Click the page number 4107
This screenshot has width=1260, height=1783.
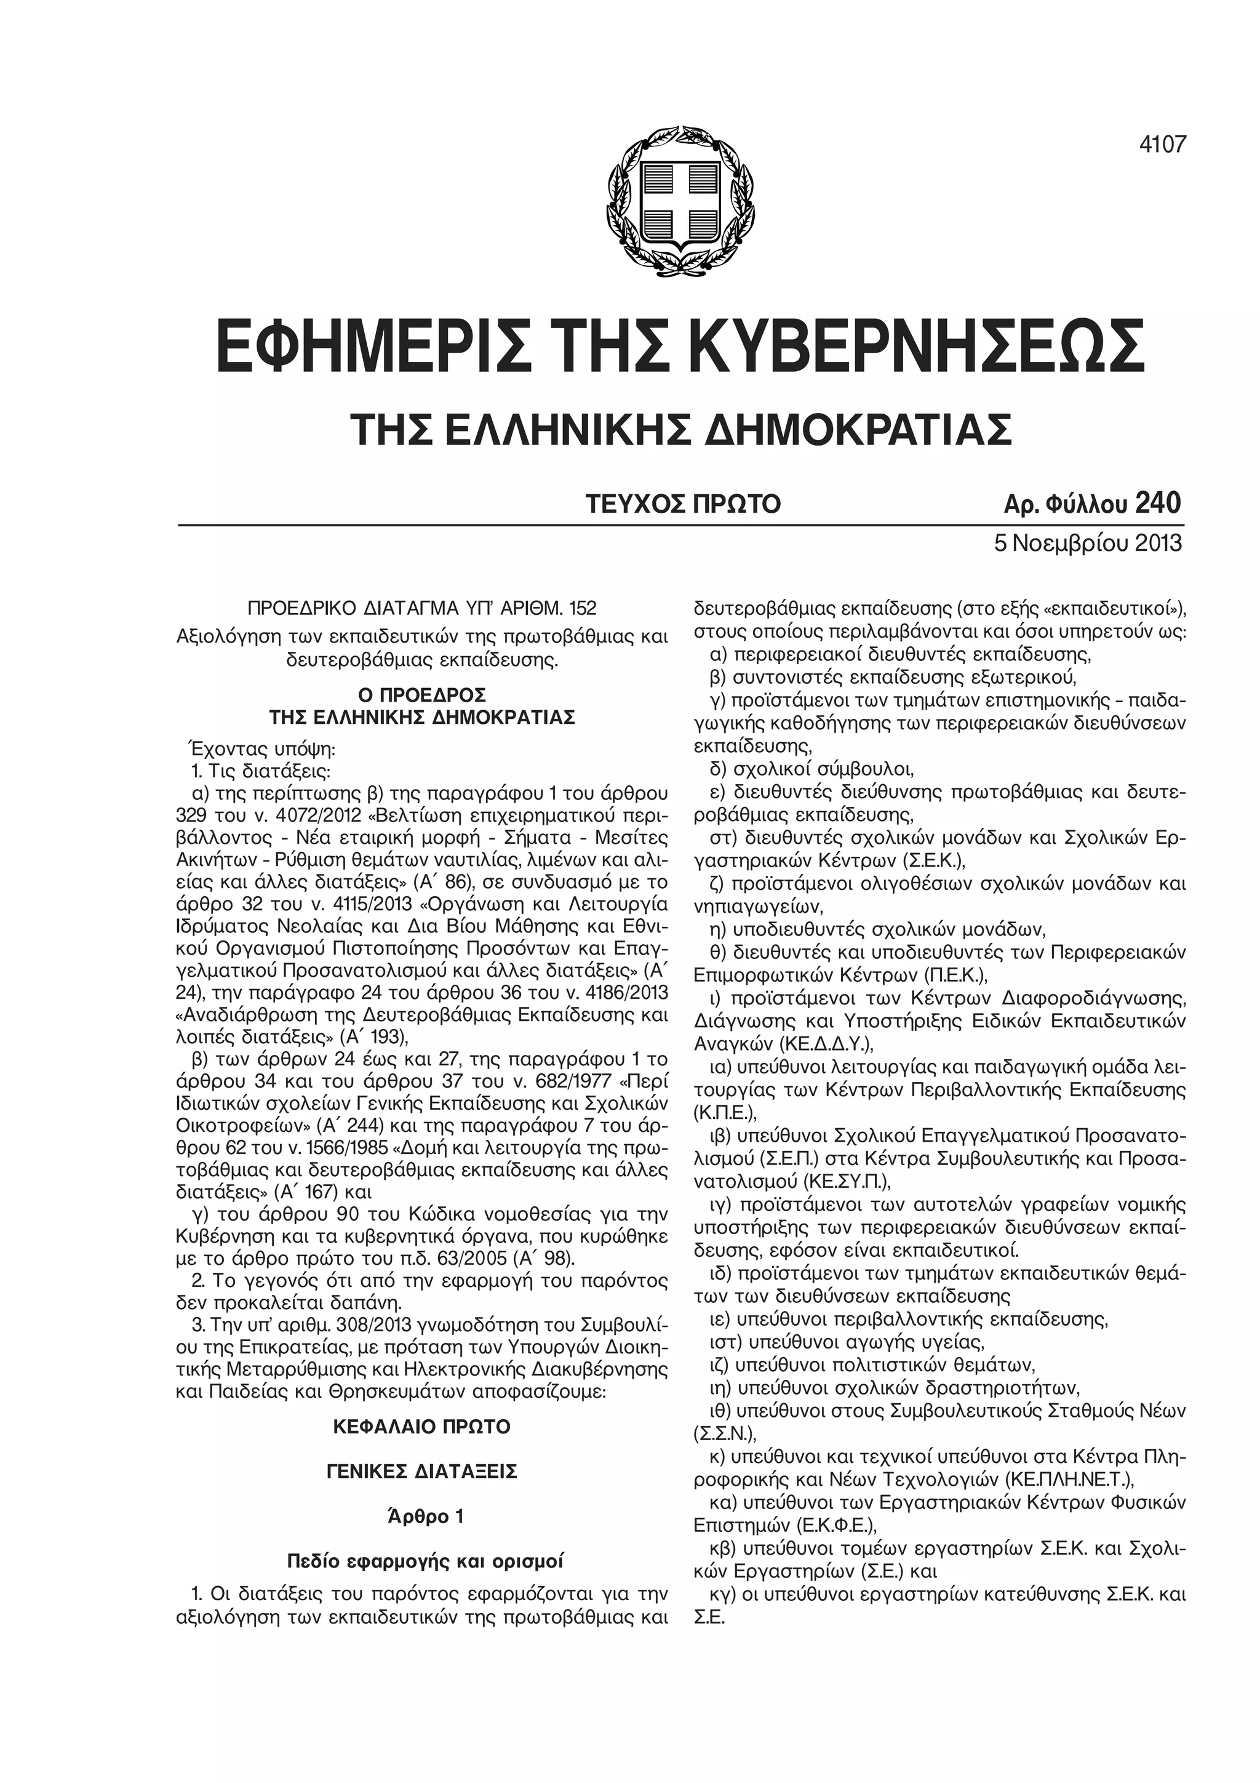(1163, 145)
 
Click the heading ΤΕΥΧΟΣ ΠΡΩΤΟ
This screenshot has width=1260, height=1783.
(682, 505)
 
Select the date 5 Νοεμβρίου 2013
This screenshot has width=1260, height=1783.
(1088, 542)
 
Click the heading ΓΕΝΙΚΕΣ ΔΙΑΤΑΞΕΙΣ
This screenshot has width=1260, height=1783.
(421, 1472)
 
